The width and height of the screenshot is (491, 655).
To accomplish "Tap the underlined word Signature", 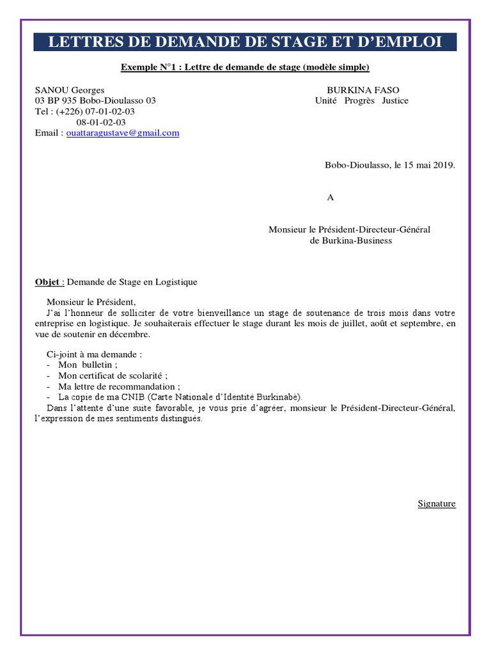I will click(437, 503).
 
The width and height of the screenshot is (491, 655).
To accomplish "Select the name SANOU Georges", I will click(70, 90).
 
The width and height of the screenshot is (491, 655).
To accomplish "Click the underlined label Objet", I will click(48, 281).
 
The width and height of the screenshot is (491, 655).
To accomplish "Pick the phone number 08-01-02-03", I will click(101, 122).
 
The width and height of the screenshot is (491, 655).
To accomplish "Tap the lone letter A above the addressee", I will click(331, 198).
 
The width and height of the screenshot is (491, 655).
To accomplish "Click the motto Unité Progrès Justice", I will click(362, 101).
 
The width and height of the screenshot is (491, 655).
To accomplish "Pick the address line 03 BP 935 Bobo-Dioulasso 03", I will click(95, 101).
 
